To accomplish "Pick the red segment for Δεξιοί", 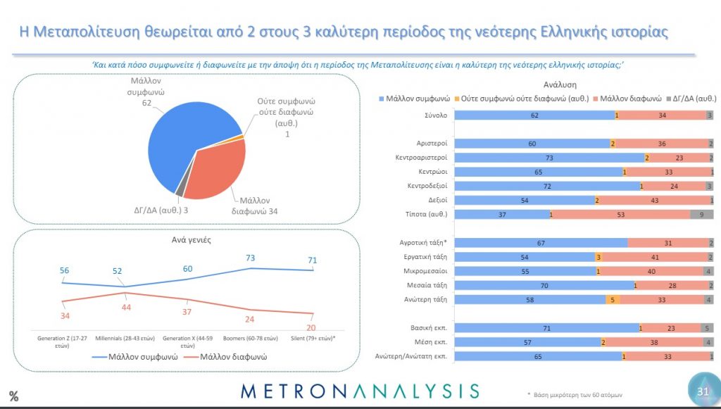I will [x=655, y=200].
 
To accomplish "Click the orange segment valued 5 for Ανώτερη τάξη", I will [x=613, y=299].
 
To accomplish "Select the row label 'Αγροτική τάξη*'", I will [x=422, y=242].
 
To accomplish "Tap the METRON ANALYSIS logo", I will [x=359, y=391].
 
